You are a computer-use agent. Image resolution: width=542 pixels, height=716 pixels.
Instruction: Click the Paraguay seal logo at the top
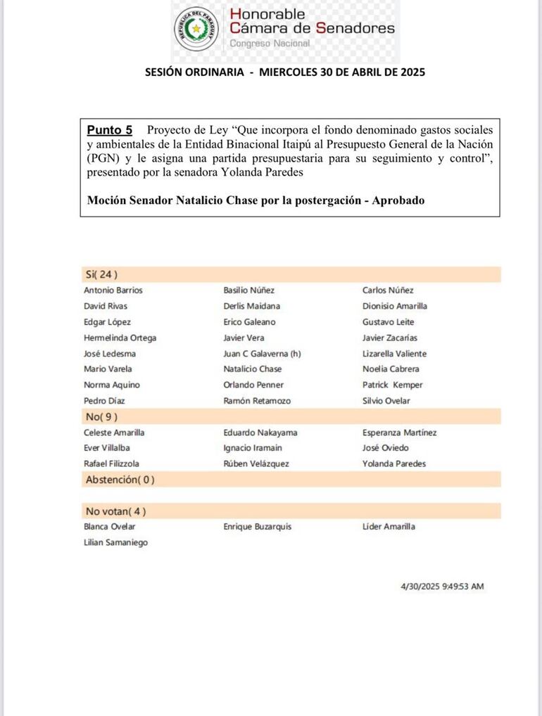[197, 29]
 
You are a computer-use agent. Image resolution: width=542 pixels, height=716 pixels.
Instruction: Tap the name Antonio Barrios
[113, 290]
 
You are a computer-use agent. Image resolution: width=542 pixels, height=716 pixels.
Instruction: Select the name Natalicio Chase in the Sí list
[252, 369]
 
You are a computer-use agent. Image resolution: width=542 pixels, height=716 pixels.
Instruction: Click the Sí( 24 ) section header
[101, 274]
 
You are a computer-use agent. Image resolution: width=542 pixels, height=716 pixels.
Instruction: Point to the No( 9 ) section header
[101, 416]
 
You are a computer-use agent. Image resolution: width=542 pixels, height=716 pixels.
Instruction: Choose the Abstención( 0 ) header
[119, 480]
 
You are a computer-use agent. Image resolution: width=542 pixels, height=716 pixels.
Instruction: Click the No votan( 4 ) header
[115, 511]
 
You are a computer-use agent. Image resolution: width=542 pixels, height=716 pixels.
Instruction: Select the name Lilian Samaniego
[115, 542]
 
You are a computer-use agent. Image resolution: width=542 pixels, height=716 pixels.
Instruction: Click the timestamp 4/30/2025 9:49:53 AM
[442, 587]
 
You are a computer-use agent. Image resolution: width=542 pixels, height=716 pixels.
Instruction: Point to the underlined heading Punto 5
[109, 130]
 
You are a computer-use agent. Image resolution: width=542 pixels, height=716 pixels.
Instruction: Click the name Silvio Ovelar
[386, 401]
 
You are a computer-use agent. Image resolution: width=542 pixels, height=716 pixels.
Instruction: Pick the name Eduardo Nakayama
[260, 433]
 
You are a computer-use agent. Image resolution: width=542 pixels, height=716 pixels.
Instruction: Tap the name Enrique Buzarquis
[257, 526]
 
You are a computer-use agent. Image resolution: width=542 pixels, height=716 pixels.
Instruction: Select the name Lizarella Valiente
[394, 354]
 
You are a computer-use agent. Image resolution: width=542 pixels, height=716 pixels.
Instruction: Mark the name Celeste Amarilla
[114, 433]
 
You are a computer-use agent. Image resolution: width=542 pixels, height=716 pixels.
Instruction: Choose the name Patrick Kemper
[392, 385]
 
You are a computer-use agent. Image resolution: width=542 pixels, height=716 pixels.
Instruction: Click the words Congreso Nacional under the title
[270, 44]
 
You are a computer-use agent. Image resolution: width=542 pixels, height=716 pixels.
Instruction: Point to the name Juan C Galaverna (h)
[262, 354]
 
